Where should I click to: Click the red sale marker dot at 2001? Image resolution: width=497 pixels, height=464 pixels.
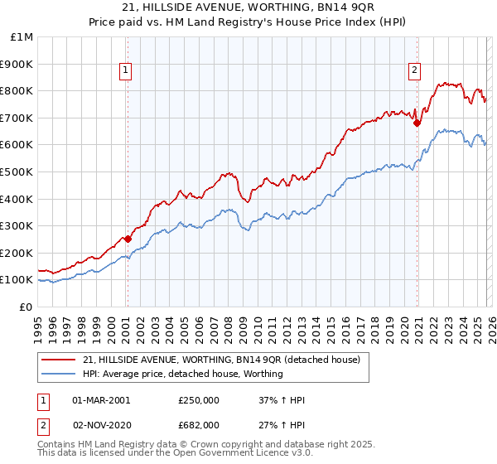tap(128, 239)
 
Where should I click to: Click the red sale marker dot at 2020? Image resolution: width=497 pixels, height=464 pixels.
tap(417, 123)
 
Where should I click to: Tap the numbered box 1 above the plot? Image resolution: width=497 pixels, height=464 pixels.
tap(125, 71)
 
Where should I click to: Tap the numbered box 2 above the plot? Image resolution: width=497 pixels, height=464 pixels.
tap(413, 71)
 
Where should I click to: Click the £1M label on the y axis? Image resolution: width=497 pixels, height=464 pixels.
tap(22, 36)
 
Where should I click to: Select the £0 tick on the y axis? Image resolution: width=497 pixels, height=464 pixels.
tap(26, 307)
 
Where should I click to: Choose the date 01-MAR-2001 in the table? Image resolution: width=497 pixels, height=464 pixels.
tap(101, 400)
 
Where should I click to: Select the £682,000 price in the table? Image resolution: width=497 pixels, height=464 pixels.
tap(198, 425)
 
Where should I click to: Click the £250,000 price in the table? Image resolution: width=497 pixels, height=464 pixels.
tap(198, 400)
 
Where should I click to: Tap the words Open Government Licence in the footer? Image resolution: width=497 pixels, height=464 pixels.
tap(204, 455)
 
